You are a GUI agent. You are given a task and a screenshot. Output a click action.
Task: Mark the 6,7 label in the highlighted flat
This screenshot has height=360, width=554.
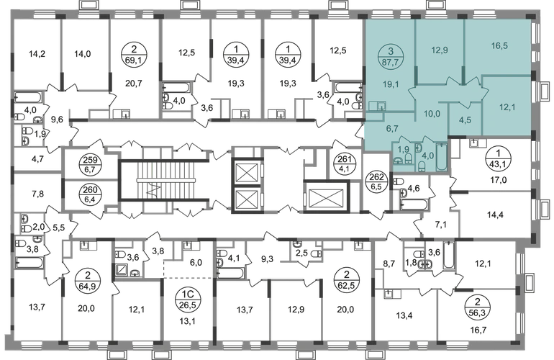(x=392, y=130)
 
